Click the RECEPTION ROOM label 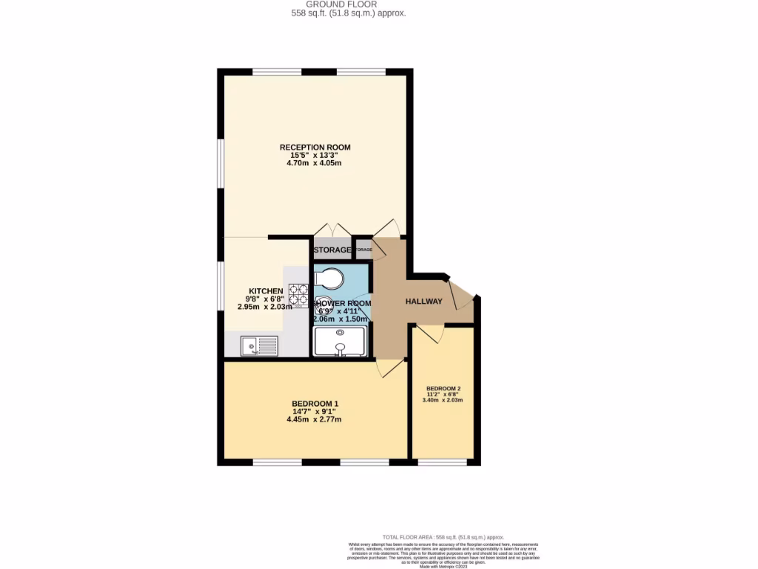(315, 147)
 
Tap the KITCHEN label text (265, 290)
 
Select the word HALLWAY (423, 302)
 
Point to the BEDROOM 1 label (314, 404)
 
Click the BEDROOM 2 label (443, 388)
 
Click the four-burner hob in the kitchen (298, 295)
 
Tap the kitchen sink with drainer (259, 345)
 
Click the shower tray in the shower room (340, 343)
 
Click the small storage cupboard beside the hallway (363, 250)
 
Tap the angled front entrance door (461, 293)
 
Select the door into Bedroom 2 (430, 333)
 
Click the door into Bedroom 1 (389, 368)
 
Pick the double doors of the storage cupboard (332, 229)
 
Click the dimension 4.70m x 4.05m (315, 163)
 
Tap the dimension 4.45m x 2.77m (314, 419)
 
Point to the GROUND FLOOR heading (348, 4)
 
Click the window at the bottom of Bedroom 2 (442, 462)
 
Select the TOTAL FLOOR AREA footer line (443, 536)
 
